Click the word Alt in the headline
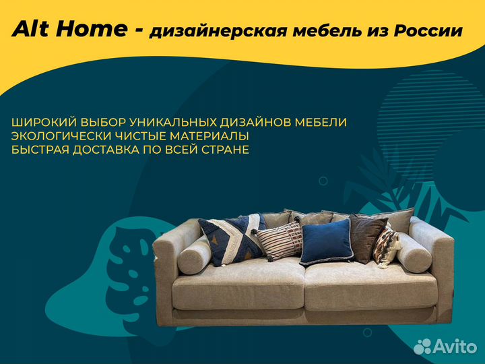(x=32, y=30)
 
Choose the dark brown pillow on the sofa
(x=368, y=237)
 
